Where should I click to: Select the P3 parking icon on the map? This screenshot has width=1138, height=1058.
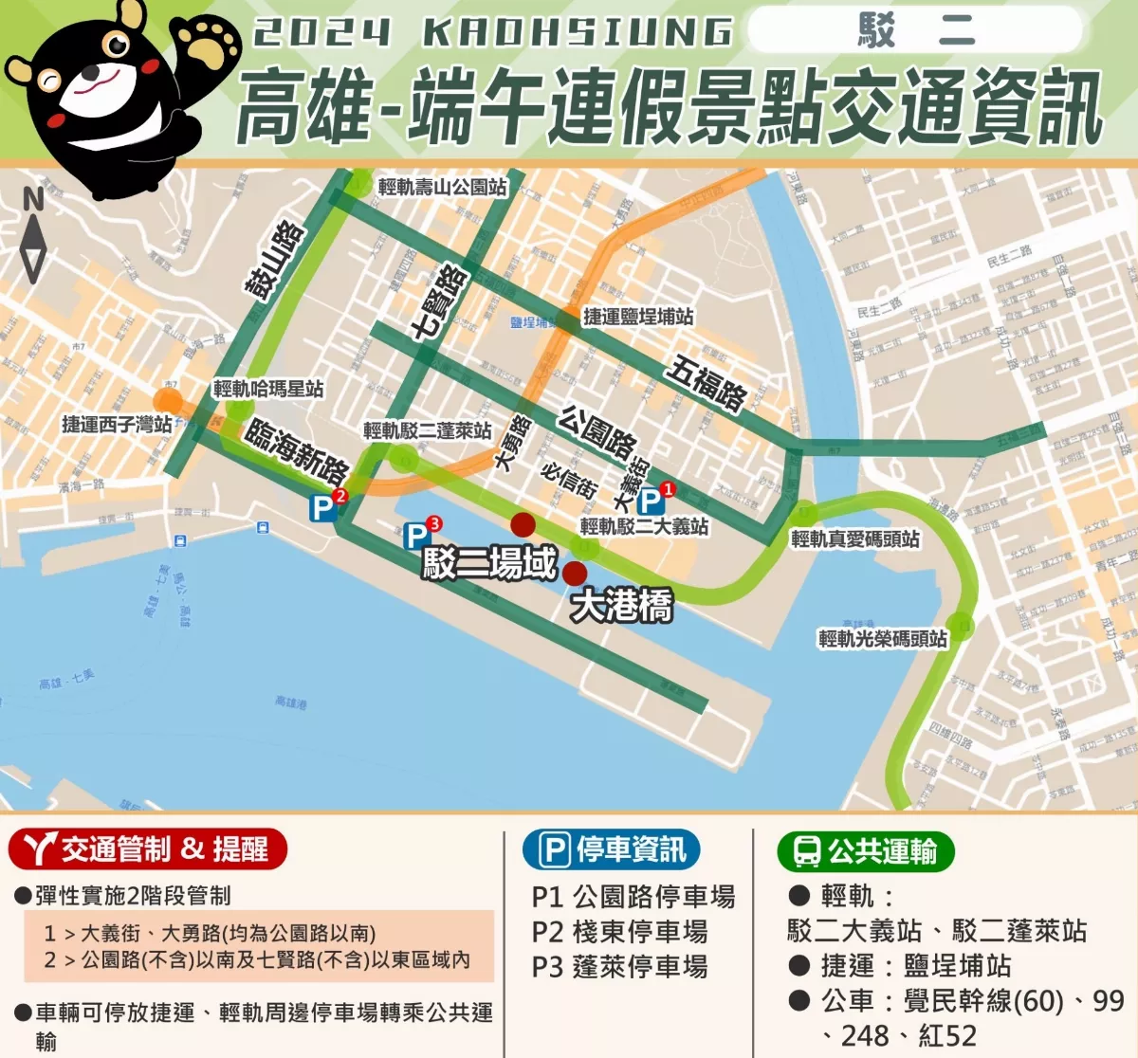(x=417, y=536)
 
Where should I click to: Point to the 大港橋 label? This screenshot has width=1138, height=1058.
(x=621, y=606)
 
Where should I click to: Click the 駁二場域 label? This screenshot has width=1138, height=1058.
(x=489, y=563)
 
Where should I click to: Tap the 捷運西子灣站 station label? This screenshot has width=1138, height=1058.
(x=117, y=424)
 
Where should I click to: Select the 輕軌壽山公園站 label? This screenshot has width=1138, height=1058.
(x=442, y=187)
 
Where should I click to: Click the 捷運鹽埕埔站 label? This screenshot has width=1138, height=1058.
(x=638, y=317)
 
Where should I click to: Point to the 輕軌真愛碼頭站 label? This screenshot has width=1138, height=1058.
(x=855, y=539)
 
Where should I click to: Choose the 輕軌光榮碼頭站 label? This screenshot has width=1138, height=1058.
(x=883, y=639)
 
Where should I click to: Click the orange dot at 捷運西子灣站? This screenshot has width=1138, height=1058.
(x=168, y=401)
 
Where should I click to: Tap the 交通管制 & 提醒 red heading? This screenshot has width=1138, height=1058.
(x=148, y=849)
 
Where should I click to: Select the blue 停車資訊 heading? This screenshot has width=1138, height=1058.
(x=612, y=849)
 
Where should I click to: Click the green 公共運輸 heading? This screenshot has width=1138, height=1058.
(x=866, y=850)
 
